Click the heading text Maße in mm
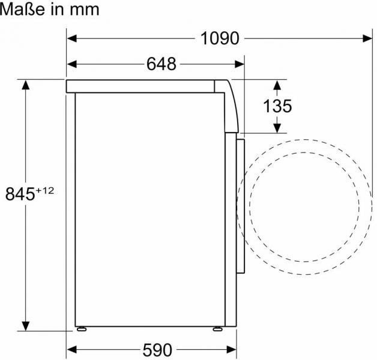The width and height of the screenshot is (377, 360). [x=50, y=10]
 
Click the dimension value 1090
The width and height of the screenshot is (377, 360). [x=220, y=38]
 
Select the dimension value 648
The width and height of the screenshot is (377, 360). [x=161, y=64]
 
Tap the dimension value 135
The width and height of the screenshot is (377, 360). [x=277, y=106]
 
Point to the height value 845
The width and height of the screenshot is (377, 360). [x=20, y=194]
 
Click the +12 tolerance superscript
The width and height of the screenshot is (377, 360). [x=45, y=191]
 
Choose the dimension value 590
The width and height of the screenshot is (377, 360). [x=157, y=350]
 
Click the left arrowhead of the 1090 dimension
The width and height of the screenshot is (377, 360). [x=72, y=38]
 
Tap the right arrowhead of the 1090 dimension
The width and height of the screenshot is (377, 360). [x=367, y=38]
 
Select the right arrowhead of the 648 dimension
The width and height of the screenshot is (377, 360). [x=240, y=64]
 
